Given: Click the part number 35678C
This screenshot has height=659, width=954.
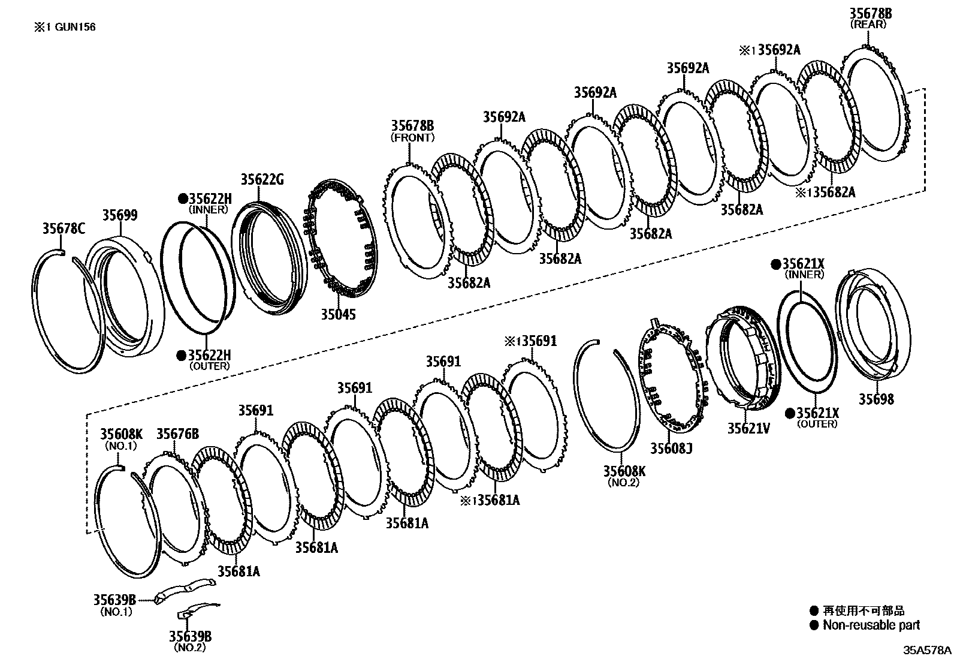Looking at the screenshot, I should (64, 228).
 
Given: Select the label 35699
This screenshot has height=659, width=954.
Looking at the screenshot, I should (119, 215).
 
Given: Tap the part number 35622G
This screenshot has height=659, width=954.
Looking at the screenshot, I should (262, 179).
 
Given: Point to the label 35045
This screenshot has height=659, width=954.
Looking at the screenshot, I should (337, 314).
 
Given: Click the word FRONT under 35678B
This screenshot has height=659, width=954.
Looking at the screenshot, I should (412, 137).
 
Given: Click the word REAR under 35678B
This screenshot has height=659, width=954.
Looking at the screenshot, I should (868, 25).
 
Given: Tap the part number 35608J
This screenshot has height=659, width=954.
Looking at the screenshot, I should (671, 448).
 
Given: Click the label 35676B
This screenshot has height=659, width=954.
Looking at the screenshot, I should (177, 434).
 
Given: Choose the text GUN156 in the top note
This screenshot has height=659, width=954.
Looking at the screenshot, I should (76, 27).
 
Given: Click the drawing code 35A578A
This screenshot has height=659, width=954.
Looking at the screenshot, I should (927, 650).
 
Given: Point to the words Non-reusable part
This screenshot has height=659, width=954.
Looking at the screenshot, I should (871, 625).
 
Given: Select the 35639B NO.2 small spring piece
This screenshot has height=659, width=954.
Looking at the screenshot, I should (198, 610).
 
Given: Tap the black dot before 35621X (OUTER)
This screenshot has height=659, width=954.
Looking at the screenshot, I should (790, 413).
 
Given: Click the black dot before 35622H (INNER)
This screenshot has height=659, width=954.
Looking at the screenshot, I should (182, 198).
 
